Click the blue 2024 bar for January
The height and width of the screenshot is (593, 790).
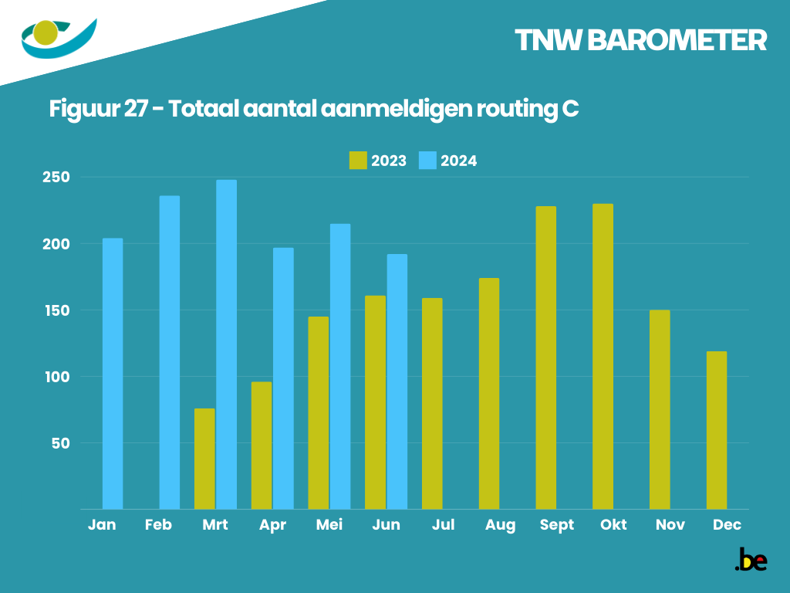[x=113, y=374]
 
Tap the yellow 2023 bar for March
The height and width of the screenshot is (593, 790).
[x=204, y=459]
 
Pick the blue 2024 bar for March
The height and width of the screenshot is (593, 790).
[x=227, y=344]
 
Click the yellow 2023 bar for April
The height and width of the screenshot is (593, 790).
[x=262, y=446]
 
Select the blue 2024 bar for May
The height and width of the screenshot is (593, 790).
[x=340, y=366]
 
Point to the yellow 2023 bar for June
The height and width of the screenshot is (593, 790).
[x=375, y=402]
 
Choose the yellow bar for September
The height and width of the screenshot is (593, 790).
[x=546, y=357]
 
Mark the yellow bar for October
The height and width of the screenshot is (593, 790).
[x=603, y=357]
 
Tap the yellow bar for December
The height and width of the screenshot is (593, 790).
[x=717, y=430]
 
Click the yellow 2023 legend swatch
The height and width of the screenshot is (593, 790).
[x=358, y=161]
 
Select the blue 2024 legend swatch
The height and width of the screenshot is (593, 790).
[x=427, y=161]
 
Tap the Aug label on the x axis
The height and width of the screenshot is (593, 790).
[x=500, y=525]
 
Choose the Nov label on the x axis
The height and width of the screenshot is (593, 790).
[x=670, y=525]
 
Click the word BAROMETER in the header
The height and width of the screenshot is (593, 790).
[x=677, y=41]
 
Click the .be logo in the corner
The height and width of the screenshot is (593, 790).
[x=751, y=560]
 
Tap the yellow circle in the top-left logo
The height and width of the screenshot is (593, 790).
[x=46, y=32]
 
